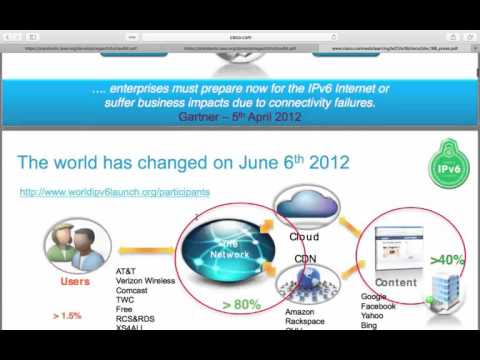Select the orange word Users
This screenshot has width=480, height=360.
74,282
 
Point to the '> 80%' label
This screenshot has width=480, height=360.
242,303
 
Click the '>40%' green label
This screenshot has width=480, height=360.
447,260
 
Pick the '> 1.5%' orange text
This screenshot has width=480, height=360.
68,316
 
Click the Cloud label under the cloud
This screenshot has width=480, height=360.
303,237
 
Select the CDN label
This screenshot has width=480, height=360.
304,258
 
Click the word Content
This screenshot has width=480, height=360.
396,283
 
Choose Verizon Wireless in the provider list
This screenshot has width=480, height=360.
146,280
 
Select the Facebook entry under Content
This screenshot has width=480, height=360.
379,306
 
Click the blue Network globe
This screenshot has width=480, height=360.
229,251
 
